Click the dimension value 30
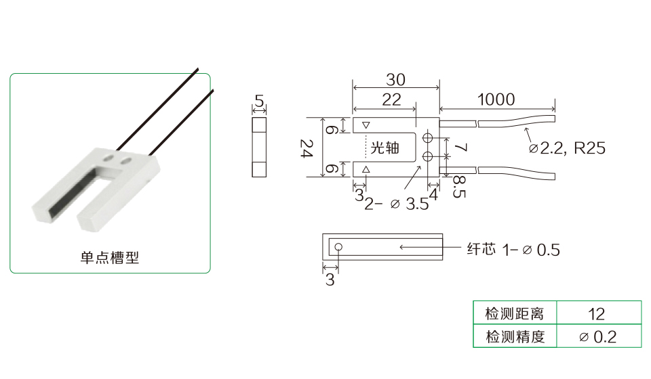395,79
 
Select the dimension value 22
391,99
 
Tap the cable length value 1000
496,99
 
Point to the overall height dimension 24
307,148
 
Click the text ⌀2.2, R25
568,148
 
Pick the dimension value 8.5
458,187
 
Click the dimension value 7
460,148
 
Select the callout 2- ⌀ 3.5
397,204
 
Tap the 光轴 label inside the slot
384,147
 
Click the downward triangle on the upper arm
366,125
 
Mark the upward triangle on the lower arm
366,169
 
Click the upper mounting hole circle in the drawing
428,138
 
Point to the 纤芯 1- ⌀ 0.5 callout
513,249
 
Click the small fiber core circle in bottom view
338,247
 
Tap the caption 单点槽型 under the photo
110,257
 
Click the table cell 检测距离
515,314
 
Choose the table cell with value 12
597,314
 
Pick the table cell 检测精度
515,336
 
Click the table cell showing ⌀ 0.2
597,336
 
